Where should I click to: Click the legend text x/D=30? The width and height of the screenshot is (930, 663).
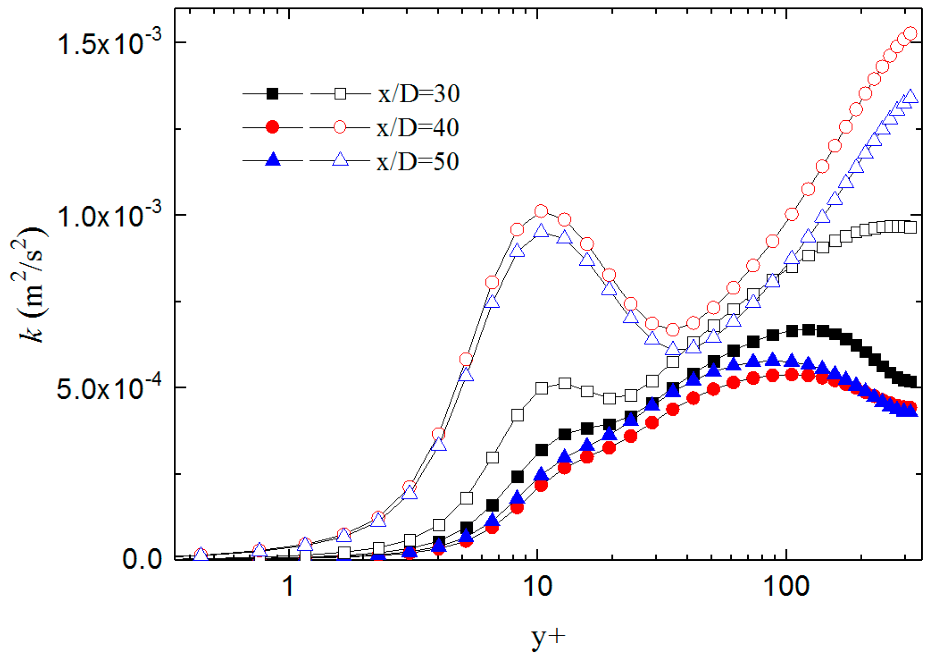tap(418, 94)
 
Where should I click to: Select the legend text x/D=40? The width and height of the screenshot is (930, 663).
tap(418, 128)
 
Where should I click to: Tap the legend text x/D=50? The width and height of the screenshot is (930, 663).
tap(418, 162)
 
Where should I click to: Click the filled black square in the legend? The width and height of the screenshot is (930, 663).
tap(272, 94)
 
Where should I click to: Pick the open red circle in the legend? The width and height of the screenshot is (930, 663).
tap(340, 127)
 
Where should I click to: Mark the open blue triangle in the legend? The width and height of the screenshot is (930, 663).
tap(340, 160)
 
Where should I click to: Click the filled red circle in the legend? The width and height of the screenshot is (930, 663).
tap(272, 127)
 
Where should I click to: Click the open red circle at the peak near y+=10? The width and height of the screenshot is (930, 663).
tap(541, 211)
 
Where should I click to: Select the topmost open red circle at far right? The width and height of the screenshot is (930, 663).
tap(910, 34)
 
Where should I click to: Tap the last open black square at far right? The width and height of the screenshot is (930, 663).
tap(910, 227)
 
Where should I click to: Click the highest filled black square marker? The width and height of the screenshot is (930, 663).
tap(808, 329)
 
